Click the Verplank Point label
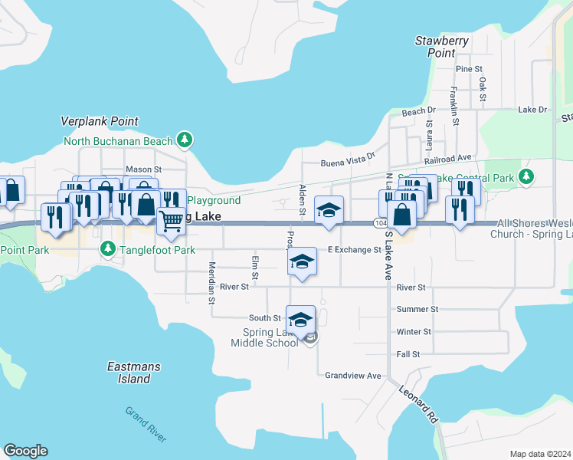click(100, 121)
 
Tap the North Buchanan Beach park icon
click(184, 140)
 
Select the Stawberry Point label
click(442, 46)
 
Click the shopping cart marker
click(172, 222)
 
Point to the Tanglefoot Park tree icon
click(108, 249)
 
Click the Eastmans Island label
click(134, 373)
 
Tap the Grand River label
click(146, 423)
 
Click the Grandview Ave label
click(352, 376)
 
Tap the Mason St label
click(143, 169)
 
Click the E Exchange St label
click(354, 250)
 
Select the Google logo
click(25, 451)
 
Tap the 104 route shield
click(381, 223)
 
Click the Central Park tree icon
click(526, 177)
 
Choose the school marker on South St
click(300, 319)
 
